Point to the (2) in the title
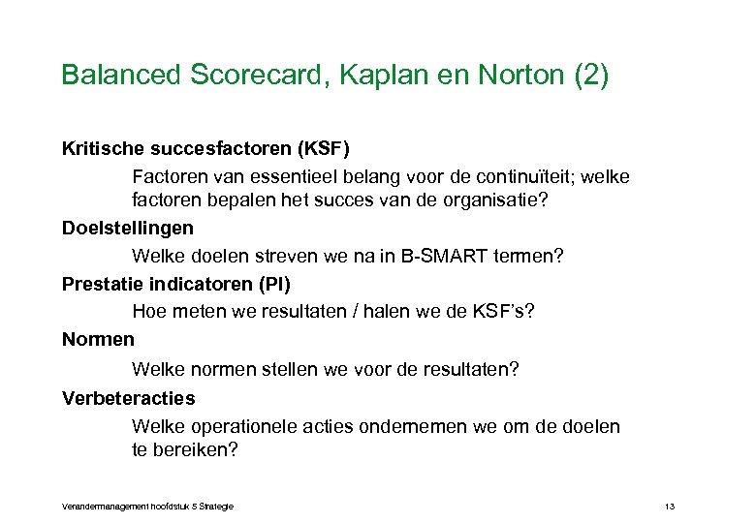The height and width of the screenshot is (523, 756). tap(591, 75)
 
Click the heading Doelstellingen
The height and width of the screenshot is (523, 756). tap(127, 229)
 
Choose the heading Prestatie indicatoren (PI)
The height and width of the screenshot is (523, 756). tap(175, 285)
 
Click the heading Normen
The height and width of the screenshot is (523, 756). tap(98, 340)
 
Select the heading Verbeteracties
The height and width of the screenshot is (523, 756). tap(128, 398)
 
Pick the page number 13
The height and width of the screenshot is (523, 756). tap(670, 507)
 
